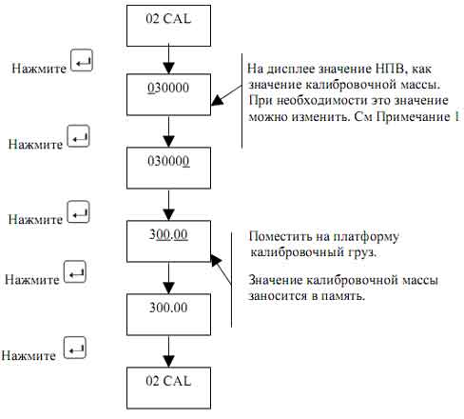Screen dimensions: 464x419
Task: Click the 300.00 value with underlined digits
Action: [168, 234]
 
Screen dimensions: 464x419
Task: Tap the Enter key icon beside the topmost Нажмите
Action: [82, 60]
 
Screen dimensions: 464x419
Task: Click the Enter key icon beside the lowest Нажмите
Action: [75, 348]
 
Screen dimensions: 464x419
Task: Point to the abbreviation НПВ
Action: [391, 69]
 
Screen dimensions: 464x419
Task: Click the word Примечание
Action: [413, 117]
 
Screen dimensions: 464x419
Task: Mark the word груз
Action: [363, 252]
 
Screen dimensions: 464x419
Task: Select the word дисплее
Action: [291, 70]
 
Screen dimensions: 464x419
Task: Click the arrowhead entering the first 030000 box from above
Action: [168, 68]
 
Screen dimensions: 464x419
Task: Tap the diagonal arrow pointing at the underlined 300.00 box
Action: [221, 269]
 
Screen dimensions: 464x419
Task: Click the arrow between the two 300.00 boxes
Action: [168, 278]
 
